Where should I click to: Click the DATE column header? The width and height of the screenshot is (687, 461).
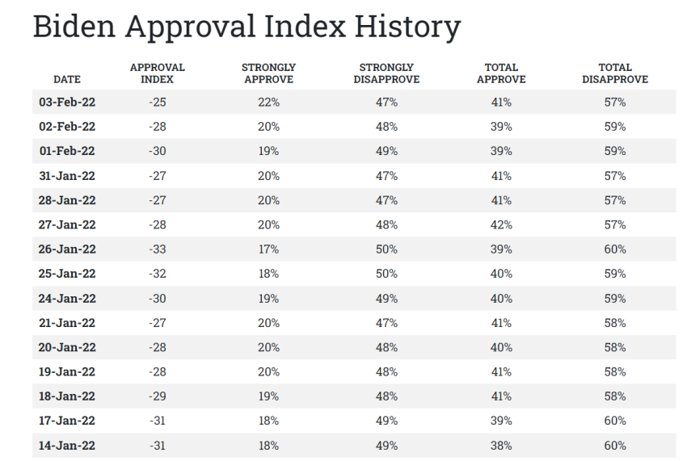click(x=66, y=80)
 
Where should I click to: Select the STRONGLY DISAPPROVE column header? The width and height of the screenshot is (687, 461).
click(x=386, y=73)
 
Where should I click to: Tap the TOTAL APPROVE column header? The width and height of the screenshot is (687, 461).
click(x=501, y=73)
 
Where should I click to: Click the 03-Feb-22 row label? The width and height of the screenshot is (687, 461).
click(x=66, y=103)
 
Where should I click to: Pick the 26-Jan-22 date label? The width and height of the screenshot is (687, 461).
click(x=66, y=249)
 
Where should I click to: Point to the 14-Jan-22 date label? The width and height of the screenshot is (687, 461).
click(x=66, y=446)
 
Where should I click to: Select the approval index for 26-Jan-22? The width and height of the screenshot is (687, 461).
click(x=157, y=249)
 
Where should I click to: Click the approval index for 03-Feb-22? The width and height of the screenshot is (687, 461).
click(x=157, y=103)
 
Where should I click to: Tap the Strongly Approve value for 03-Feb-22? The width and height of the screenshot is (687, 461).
click(x=268, y=103)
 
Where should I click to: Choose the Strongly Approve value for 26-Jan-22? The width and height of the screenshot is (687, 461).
click(x=268, y=249)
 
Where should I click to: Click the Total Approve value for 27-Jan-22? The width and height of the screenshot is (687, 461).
click(x=501, y=225)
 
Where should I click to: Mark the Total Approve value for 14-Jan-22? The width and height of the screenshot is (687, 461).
click(x=501, y=446)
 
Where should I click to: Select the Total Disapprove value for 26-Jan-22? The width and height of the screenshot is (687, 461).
click(x=615, y=249)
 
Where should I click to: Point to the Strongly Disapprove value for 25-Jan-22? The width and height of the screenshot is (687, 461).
click(x=386, y=274)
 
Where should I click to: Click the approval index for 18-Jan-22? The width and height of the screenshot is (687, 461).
click(x=157, y=396)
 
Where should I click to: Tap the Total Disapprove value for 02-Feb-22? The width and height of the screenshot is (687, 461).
click(x=615, y=127)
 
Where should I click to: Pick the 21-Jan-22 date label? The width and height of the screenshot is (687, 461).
click(x=66, y=323)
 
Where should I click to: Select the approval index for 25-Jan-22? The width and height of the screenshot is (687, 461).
click(x=157, y=274)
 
